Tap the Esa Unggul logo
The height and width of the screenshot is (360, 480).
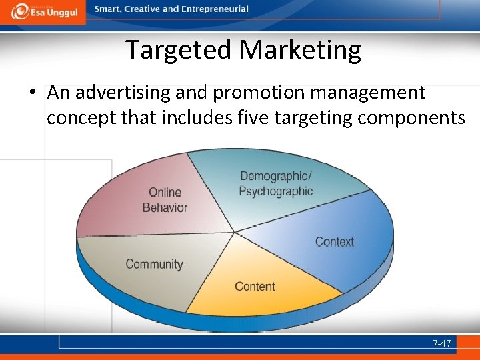[x=43, y=11]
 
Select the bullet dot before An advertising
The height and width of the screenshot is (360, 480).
[x=32, y=93]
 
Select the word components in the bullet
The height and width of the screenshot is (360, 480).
[x=411, y=118]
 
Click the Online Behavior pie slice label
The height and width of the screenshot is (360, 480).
[x=165, y=200]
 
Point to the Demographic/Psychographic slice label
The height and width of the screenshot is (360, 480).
[x=275, y=183]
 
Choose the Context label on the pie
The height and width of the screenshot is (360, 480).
[x=335, y=241]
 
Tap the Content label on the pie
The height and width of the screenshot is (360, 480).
[x=255, y=286]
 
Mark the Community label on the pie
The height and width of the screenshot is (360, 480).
[x=154, y=264]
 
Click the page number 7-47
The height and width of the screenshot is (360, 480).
[x=441, y=343]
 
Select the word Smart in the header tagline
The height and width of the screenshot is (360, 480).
[x=107, y=9]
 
